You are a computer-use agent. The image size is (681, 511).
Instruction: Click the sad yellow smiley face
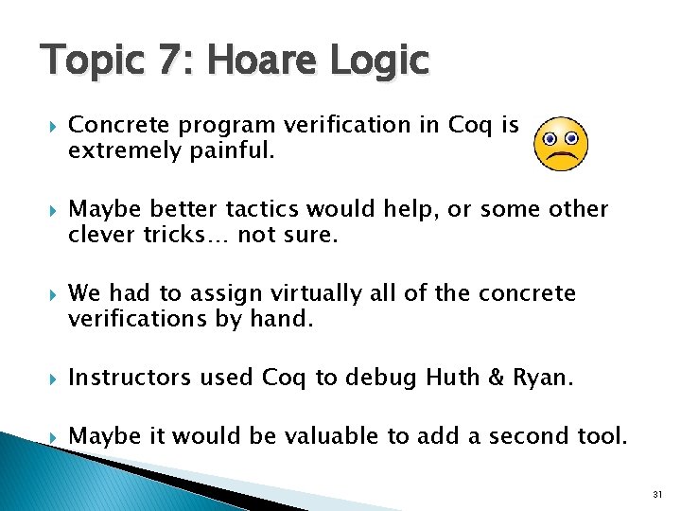pyautogui.click(x=562, y=144)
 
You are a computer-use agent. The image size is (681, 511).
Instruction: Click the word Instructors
pyautogui.click(x=130, y=378)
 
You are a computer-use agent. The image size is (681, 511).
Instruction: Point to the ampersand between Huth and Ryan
pyautogui.click(x=498, y=378)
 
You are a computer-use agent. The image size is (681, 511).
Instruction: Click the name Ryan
pyautogui.click(x=542, y=378)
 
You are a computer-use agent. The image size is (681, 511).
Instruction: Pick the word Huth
pyautogui.click(x=454, y=378)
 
